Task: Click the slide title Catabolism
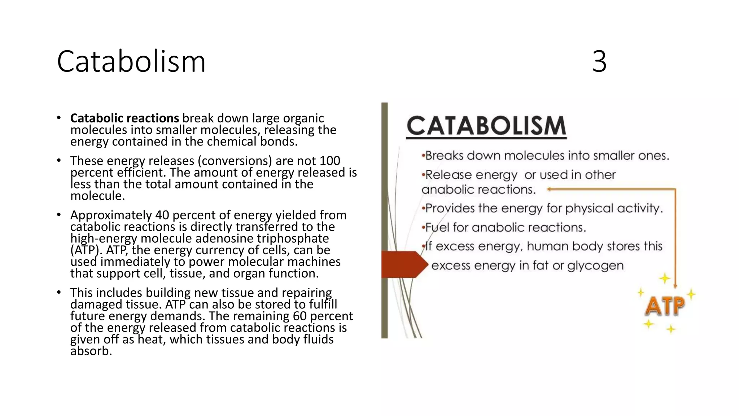[x=131, y=61]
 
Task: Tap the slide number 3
[x=599, y=61]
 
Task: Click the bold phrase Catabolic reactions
[x=124, y=118]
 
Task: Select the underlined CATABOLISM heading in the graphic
[x=486, y=126]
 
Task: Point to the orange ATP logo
[x=664, y=306]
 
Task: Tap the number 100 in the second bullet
[x=330, y=161]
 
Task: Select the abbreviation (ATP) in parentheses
[x=84, y=250]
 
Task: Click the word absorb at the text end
[x=91, y=351]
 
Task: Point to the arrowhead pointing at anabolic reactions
[x=550, y=189]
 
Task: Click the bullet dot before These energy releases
[x=59, y=160]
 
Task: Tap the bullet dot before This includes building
[x=59, y=292]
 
